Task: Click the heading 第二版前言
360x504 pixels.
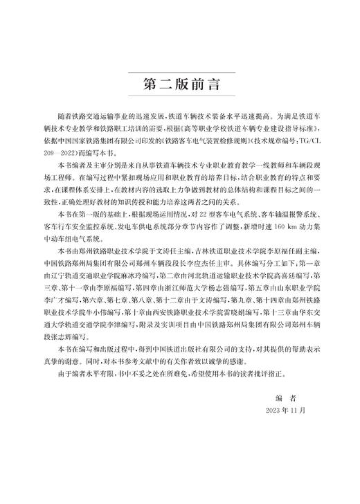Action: [180, 86]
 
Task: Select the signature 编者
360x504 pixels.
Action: [286, 397]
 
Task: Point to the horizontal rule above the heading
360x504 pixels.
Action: [180, 72]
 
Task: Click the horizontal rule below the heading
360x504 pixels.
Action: [180, 101]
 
